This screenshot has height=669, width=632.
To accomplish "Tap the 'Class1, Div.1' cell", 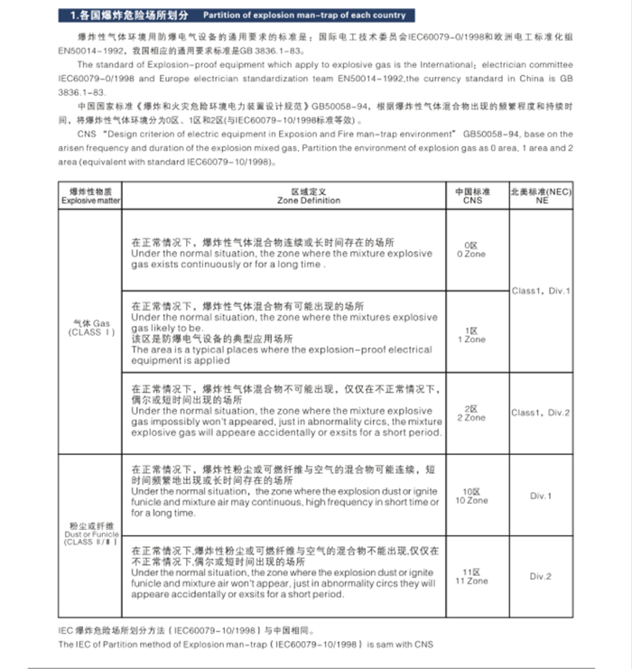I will tap(541, 291).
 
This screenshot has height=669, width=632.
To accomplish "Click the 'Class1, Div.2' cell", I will tap(541, 413).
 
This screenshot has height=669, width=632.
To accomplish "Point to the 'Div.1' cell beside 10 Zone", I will tap(541, 496).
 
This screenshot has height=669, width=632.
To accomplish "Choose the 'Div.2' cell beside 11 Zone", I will tap(541, 576).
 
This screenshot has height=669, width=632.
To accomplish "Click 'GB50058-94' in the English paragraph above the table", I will tap(485, 133).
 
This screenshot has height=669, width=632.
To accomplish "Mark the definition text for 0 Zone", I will tap(282, 254).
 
